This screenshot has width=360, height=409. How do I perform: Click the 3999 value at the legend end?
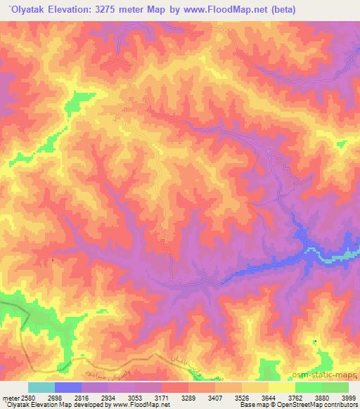[347, 398]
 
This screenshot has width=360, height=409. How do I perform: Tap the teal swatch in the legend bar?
[41, 387]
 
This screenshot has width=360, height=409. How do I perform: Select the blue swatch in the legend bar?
[68, 387]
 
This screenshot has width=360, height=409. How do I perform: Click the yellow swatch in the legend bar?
[282, 387]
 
